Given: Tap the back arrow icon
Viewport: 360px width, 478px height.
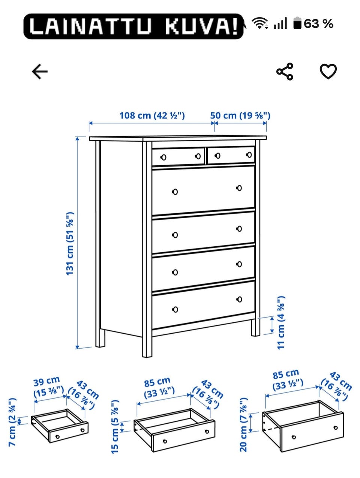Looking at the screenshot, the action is [x=39, y=71].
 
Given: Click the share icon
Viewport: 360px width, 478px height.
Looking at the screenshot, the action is [x=285, y=71].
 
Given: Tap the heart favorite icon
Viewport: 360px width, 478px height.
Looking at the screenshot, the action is [x=328, y=71].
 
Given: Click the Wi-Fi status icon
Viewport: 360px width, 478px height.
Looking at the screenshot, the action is [x=259, y=23].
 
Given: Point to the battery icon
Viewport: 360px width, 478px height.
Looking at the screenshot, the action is [x=297, y=23].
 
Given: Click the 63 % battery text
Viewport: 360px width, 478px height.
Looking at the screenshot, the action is [x=319, y=24].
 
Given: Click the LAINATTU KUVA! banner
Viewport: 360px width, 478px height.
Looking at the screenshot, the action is [x=133, y=26].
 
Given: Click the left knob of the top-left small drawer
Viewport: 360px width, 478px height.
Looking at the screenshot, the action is [x=163, y=157].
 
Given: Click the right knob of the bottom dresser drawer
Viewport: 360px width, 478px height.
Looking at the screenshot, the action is [x=239, y=300].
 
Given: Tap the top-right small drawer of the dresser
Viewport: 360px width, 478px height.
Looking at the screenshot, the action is [x=231, y=155].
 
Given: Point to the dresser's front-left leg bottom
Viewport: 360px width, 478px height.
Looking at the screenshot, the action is [x=147, y=356].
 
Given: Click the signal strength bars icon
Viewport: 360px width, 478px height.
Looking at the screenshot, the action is [x=280, y=23].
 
